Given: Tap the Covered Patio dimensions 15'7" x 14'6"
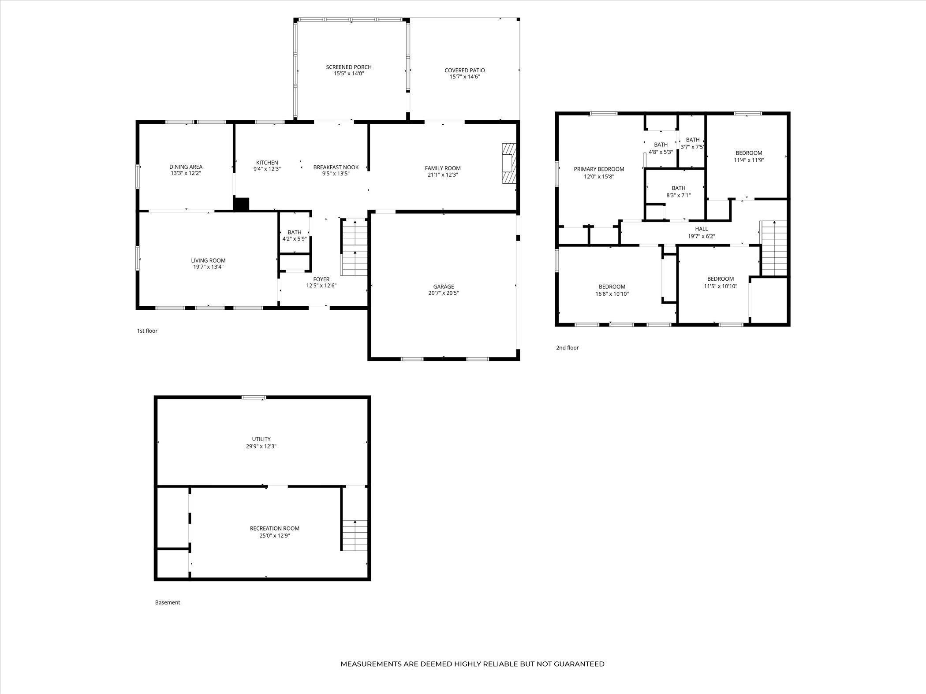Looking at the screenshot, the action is pos(464,77).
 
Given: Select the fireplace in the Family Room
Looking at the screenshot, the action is pos(509,163).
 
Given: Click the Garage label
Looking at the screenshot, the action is pos(443,286).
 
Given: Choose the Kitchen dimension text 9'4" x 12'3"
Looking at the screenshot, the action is pos(267,169).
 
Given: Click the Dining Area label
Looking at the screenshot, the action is pos(186,167).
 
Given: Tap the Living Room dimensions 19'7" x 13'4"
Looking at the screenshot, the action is pos(208,267).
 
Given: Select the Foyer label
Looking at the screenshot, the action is pos(321,279).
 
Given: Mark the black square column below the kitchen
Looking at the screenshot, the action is pos(241,204).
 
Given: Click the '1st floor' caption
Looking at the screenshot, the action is pos(147,331).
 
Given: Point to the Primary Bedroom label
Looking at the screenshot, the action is pos(599,169).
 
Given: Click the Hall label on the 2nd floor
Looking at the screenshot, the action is pos(702,229).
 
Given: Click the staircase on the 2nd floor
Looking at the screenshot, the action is pos(774,248).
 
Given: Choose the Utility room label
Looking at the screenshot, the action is pos(261,439).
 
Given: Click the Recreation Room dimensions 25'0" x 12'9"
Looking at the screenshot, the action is pos(275,536).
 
